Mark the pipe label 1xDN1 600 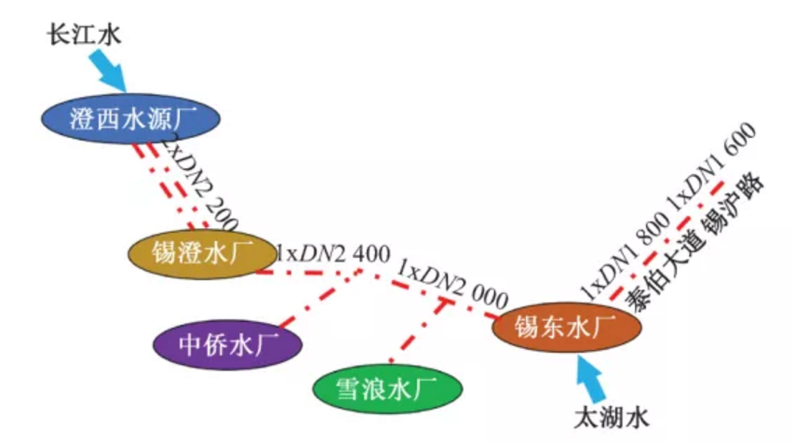pyautogui.click(x=709, y=168)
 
